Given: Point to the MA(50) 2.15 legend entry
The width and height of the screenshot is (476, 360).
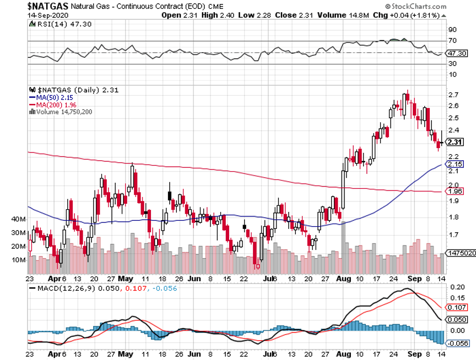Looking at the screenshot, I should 51,97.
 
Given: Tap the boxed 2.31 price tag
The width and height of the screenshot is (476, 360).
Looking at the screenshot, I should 455,142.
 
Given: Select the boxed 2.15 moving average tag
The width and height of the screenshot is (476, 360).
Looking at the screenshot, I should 455,165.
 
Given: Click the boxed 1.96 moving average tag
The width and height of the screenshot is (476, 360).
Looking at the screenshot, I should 455,192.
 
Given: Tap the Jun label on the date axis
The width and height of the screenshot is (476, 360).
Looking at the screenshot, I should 194,279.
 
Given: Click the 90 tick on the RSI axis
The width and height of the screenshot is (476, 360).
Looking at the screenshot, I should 452,30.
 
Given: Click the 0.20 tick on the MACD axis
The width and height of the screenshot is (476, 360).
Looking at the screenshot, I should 457,287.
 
